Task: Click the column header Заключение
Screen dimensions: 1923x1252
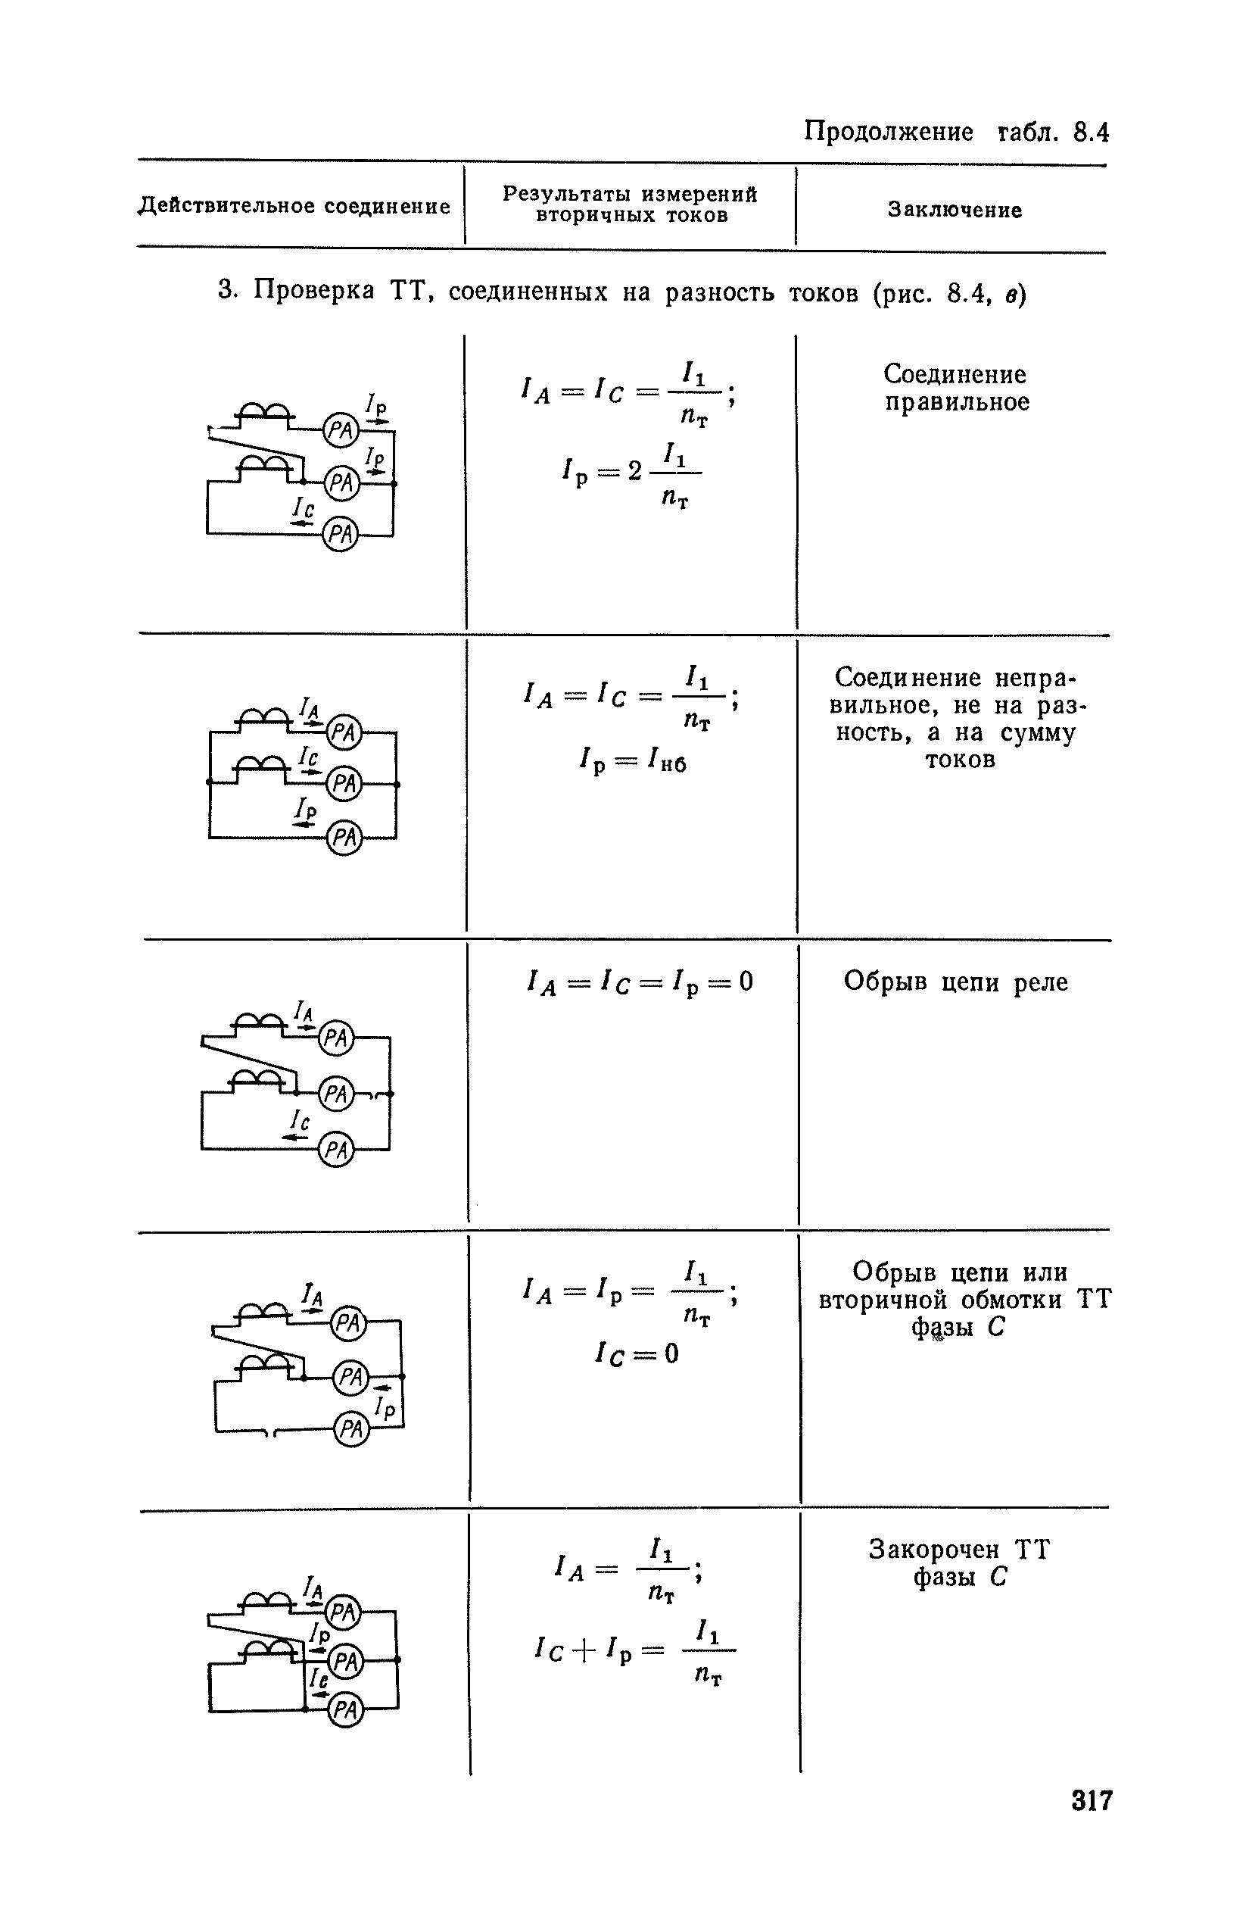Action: click(955, 210)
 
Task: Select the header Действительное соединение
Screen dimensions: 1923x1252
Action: click(294, 206)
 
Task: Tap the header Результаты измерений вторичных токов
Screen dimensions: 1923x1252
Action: click(630, 204)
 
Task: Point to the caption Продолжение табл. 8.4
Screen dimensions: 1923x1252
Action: click(955, 131)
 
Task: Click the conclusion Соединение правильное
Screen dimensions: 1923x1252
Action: click(956, 388)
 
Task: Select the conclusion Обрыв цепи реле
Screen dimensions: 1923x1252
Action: click(955, 982)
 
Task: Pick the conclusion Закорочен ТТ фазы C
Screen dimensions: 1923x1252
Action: click(960, 1562)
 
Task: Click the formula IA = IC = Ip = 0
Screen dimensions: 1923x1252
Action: click(639, 982)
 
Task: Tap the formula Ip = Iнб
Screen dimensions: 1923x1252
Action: click(634, 760)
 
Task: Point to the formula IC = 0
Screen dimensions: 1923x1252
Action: click(637, 1353)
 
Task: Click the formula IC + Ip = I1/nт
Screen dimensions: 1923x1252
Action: click(635, 1648)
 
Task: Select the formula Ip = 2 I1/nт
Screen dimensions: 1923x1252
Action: click(631, 473)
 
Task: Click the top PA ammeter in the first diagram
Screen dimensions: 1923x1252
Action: click(340, 431)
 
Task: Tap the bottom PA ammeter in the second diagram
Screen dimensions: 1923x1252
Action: click(344, 838)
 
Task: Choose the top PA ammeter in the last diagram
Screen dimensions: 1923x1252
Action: click(344, 1612)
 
